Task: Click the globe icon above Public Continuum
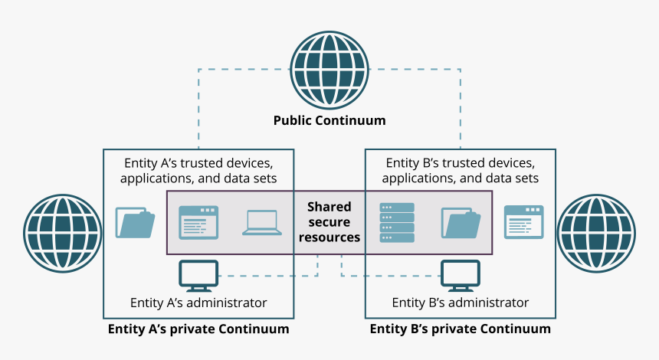(329, 70)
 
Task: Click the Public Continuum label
(329, 121)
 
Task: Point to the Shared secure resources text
(329, 222)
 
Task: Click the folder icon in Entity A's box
(136, 222)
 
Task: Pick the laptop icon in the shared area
(262, 222)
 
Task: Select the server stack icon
(396, 222)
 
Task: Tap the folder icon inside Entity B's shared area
(461, 222)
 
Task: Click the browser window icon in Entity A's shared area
(198, 222)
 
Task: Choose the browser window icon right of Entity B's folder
(523, 222)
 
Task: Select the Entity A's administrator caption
(198, 303)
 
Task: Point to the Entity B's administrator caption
(461, 303)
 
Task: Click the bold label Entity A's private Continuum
(198, 329)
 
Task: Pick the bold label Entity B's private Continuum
(461, 329)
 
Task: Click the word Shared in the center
(329, 207)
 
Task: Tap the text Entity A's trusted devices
(198, 163)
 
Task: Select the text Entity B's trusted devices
(461, 163)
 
